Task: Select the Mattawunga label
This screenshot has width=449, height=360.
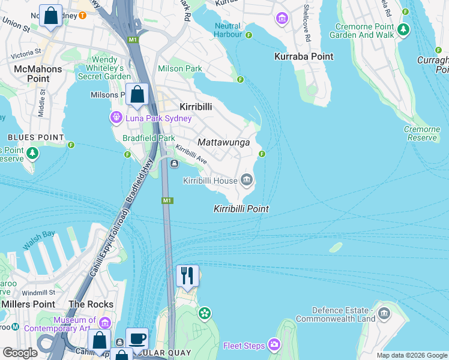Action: [223, 143]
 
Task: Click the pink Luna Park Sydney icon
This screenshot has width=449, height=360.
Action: [116, 118]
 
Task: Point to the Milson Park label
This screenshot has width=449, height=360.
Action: [180, 69]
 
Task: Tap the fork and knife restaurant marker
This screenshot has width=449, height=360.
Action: [187, 276]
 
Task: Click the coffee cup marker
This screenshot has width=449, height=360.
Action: [137, 339]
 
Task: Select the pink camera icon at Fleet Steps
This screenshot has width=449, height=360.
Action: [274, 345]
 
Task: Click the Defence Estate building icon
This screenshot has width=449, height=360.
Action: [384, 313]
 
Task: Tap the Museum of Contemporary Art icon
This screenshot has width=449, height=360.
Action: [106, 322]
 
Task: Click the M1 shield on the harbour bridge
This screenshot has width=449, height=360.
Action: [167, 200]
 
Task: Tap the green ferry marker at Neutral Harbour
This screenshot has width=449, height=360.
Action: [249, 35]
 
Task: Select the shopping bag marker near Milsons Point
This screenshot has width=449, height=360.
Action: [137, 95]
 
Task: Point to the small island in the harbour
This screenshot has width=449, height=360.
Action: [336, 247]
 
